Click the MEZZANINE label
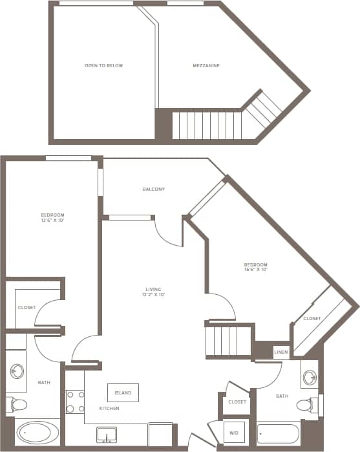point(206,66)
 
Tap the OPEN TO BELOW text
point(103,66)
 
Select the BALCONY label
point(154,189)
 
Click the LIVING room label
point(153,289)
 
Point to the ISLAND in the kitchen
point(123,393)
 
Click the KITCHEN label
point(109,409)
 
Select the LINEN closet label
point(281,352)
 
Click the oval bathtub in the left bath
point(36,433)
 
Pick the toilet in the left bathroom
point(17,405)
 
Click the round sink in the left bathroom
point(17,372)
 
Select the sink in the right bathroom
point(310,377)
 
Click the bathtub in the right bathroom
point(278,433)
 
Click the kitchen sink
point(106,435)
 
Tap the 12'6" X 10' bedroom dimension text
point(53,221)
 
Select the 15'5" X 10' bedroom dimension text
point(255,270)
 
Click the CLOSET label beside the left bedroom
point(26,308)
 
